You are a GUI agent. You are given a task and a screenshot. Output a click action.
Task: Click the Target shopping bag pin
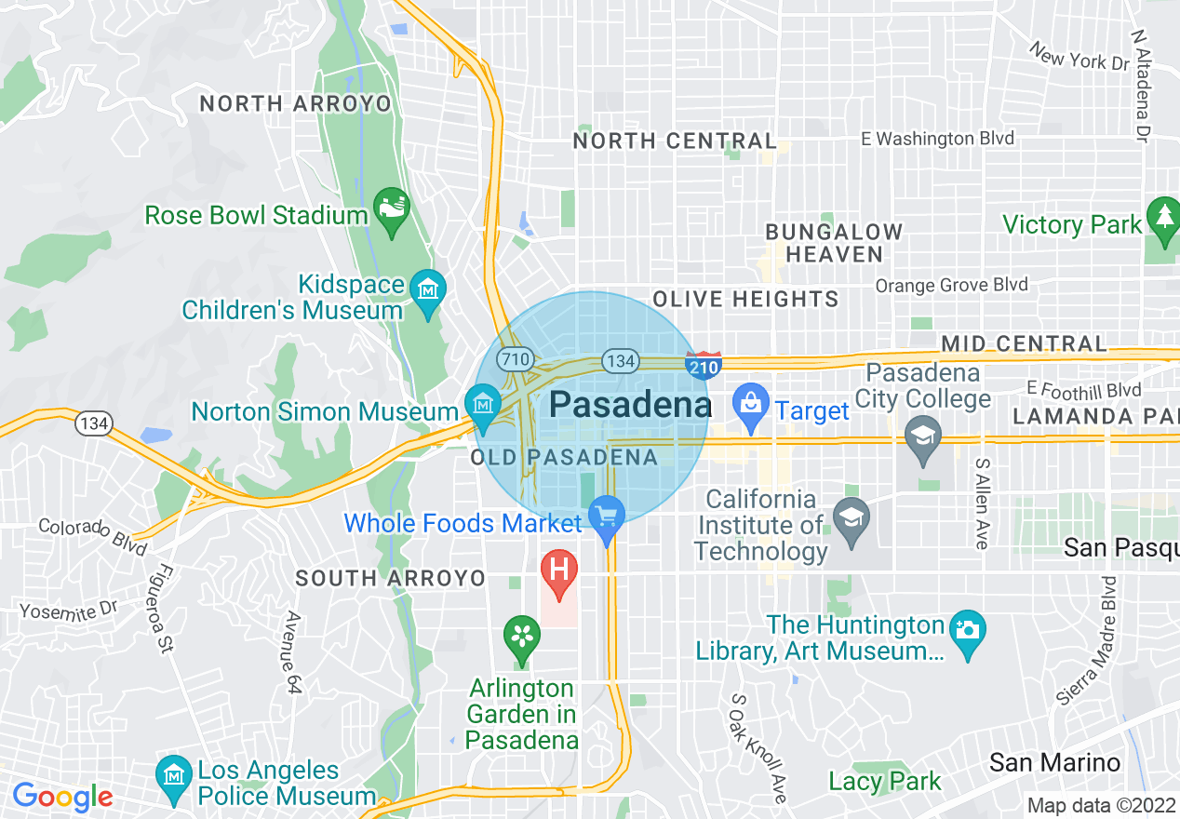[x=750, y=403]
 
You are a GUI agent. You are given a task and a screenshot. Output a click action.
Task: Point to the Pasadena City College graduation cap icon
[x=923, y=437]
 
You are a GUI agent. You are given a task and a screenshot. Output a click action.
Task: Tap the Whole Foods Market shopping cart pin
[x=607, y=515]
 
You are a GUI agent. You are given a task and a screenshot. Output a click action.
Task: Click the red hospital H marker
[x=559, y=569]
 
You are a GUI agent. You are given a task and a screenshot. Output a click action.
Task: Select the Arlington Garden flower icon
[x=522, y=638]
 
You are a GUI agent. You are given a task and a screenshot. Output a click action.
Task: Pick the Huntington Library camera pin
[x=968, y=630]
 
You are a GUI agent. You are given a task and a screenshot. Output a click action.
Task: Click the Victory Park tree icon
[x=1163, y=218]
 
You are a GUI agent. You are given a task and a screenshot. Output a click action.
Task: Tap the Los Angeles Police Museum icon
[x=174, y=777]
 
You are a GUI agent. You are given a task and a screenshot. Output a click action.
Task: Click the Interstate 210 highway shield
[x=704, y=366]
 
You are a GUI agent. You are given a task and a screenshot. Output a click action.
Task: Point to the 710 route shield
[x=515, y=358]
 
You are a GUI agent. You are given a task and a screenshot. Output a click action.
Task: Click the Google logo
[x=62, y=797]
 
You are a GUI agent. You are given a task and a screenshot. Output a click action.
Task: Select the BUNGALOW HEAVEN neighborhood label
[x=834, y=243]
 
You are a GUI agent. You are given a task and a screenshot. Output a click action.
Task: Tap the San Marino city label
[x=1054, y=763]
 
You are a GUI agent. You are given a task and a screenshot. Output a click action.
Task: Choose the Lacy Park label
[x=885, y=781]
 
